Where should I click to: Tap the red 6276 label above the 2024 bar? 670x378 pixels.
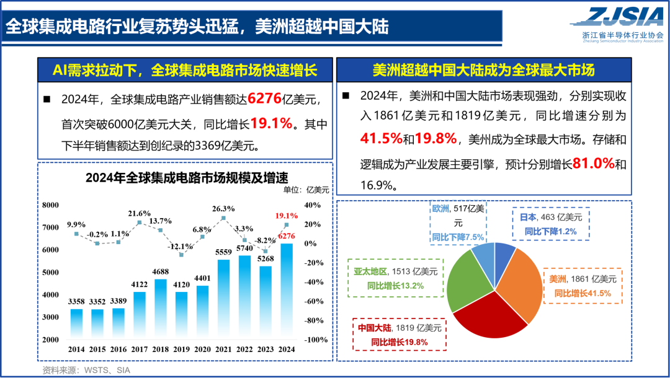point(287,236)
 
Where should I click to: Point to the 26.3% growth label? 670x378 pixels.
point(223,208)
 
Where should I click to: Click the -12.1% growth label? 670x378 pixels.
point(181,246)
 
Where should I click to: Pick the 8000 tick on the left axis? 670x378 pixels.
point(50,205)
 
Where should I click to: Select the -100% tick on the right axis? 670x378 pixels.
point(316,340)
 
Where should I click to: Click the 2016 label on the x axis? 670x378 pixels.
point(118,349)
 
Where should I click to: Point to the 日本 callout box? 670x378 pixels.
point(551,224)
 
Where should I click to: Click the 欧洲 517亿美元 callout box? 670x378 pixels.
point(457,223)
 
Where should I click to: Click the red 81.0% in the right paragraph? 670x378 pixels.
point(592,164)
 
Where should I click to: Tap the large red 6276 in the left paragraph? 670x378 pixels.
point(266,99)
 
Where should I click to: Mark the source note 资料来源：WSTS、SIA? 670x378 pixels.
point(86,370)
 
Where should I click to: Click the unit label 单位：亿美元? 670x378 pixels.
point(306,190)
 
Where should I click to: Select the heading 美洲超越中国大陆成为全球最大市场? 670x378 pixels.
point(483,70)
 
